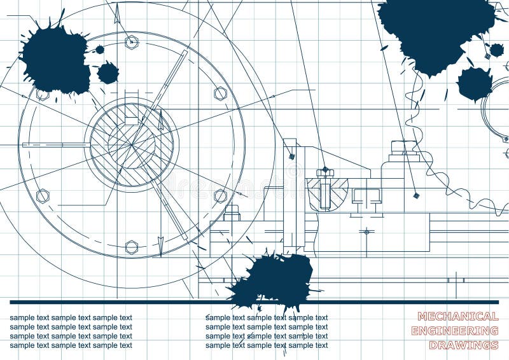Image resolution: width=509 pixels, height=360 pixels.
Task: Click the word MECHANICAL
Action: coord(457,316)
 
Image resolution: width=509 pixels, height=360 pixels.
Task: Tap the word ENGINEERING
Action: coord(454,331)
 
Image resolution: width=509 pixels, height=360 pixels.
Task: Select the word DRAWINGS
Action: coord(463,345)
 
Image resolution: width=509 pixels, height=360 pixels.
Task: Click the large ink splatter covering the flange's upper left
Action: coord(56,60)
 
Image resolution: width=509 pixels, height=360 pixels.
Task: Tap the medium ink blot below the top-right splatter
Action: coord(475,83)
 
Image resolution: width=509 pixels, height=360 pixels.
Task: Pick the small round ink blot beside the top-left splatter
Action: coord(108,73)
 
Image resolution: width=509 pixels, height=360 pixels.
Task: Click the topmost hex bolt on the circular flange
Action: coord(132,43)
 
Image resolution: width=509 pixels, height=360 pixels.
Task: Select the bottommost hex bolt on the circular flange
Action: coord(132,247)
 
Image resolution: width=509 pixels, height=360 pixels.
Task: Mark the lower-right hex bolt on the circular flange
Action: coord(220,195)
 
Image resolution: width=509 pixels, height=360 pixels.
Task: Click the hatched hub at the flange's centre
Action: coord(132,145)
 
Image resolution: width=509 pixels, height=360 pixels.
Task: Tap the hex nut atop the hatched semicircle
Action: coord(324,172)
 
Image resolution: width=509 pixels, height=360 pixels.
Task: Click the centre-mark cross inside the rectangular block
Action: coord(366,231)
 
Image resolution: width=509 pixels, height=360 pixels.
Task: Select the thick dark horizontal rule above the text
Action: coord(254,302)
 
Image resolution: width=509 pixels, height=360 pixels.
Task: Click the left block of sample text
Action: coord(71,331)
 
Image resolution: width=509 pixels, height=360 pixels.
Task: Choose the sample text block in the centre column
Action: coord(267,331)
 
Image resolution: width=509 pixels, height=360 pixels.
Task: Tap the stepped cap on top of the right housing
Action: coord(404,151)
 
